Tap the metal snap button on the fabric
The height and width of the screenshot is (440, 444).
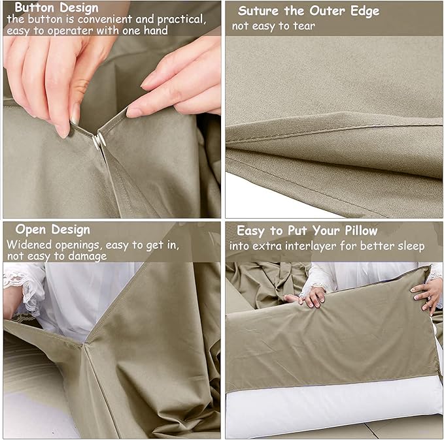click(x=99, y=139)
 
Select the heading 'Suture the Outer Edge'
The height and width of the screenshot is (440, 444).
click(x=308, y=11)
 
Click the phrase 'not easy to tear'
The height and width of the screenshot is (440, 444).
click(x=273, y=26)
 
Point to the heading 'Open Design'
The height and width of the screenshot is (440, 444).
click(x=52, y=229)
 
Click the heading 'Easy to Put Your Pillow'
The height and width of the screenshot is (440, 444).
click(x=307, y=230)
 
